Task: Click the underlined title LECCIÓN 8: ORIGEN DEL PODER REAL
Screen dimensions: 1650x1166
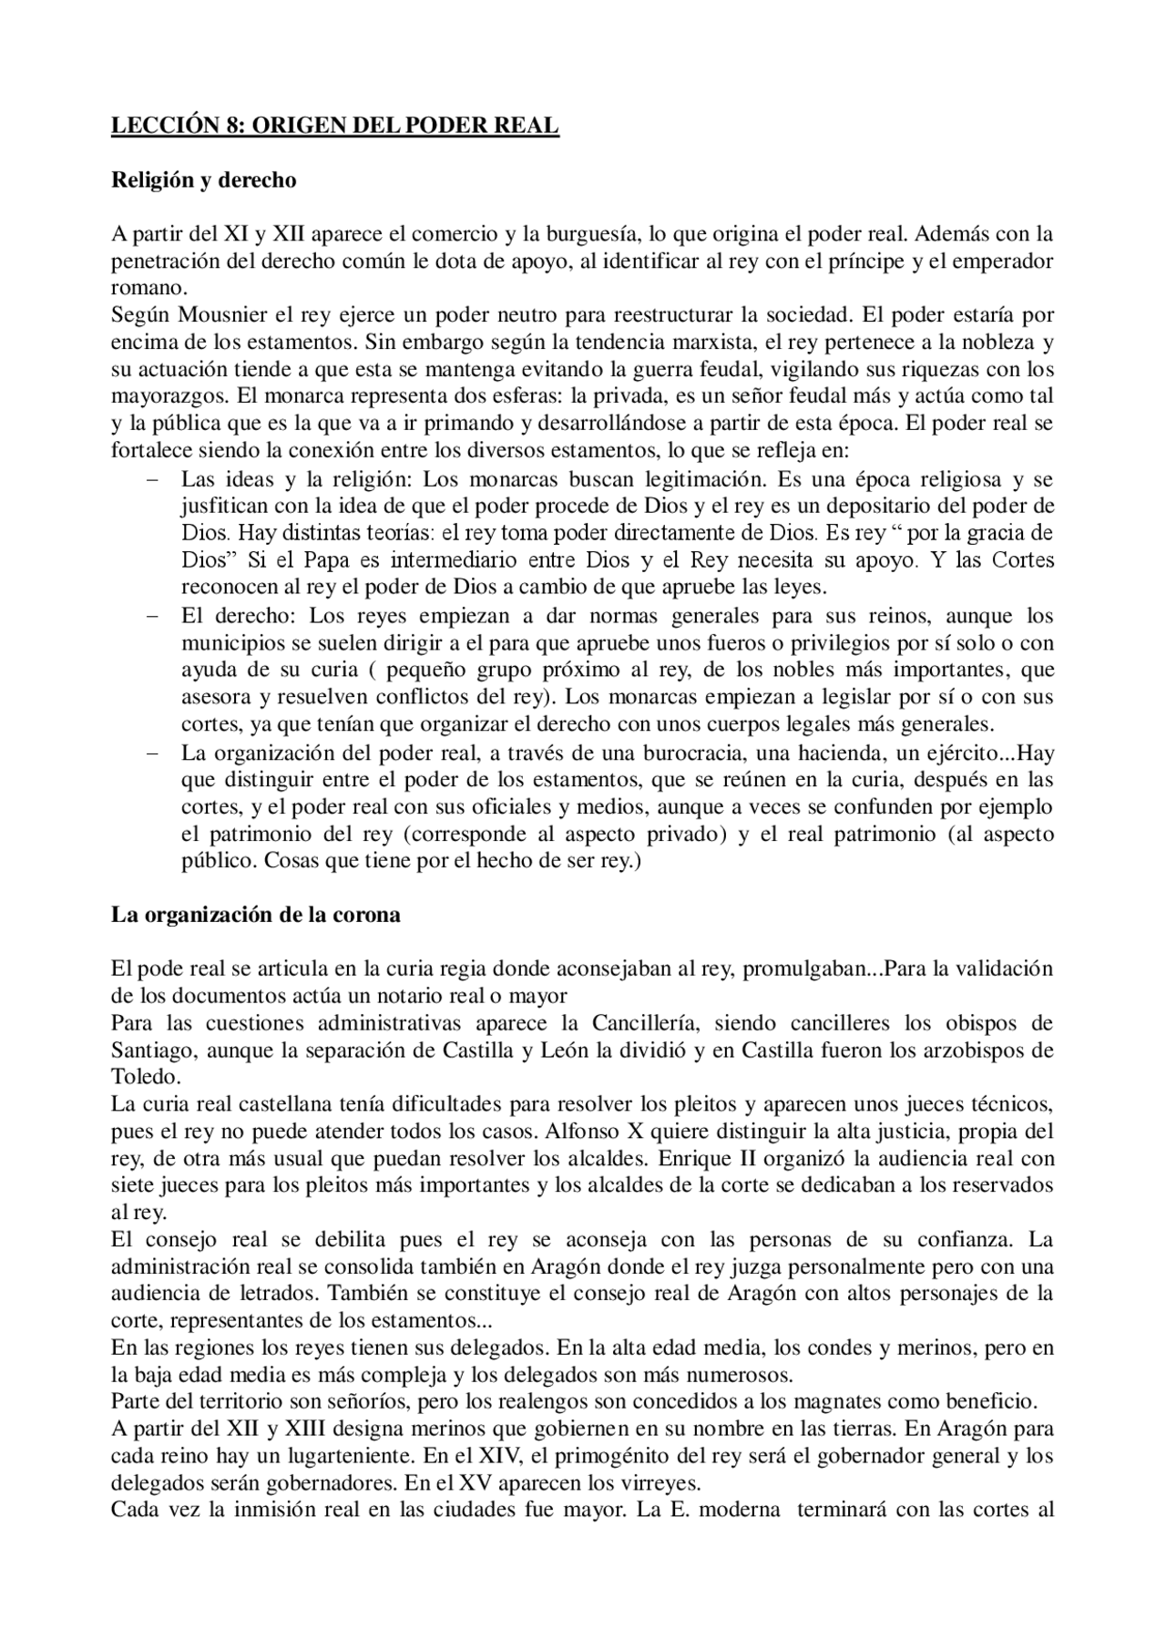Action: point(334,127)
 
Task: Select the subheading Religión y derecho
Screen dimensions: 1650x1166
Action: point(203,180)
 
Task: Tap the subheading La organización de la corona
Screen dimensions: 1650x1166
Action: point(255,915)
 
